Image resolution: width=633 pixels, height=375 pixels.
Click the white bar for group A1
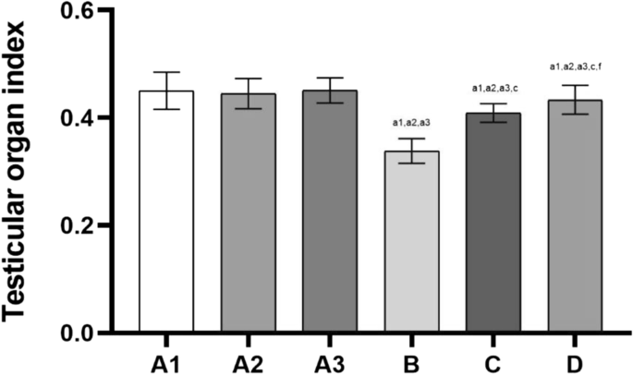(x=166, y=212)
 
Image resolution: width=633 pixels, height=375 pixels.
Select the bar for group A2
(x=249, y=212)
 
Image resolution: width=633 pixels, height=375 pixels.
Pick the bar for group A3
(x=330, y=212)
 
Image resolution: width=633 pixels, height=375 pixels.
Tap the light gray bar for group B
(x=412, y=241)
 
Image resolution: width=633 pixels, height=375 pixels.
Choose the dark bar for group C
(x=493, y=223)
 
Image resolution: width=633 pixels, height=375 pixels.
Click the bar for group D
(x=575, y=216)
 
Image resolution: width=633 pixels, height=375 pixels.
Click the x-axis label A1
(x=166, y=365)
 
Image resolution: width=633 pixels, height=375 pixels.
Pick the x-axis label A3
(x=330, y=365)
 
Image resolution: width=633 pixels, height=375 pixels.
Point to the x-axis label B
(x=411, y=365)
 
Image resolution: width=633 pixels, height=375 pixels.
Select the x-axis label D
(x=575, y=365)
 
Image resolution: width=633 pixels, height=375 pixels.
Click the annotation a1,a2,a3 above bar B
(x=412, y=123)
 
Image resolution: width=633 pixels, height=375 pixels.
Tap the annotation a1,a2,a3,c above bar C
(x=495, y=89)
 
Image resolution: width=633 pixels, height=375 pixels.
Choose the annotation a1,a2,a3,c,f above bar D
(x=576, y=67)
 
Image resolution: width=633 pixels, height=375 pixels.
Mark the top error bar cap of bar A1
(x=166, y=72)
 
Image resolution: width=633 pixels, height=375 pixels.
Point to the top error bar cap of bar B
(x=412, y=139)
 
